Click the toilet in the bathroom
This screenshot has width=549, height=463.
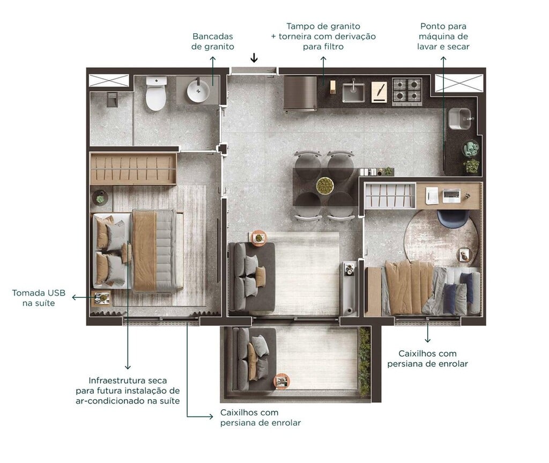pos(156,94)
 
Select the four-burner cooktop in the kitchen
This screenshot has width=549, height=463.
pos(406,91)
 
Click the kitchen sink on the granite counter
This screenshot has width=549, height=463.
pos(353,91)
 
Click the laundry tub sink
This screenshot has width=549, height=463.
pos(459,118)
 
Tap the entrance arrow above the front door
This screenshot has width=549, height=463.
pos(254,58)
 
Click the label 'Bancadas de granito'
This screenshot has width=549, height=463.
pos(213,41)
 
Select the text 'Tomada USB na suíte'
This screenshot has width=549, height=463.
pos(39,298)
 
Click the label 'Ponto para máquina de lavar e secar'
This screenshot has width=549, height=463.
pos(443,36)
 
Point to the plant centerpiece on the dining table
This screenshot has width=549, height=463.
pos(324,186)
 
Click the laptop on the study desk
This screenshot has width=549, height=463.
pos(451,196)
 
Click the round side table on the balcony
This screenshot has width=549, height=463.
pos(281,381)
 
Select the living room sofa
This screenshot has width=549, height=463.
pos(251,276)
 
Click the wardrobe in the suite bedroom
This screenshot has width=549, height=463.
pos(133,168)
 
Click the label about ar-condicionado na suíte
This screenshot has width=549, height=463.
pos(128,391)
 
